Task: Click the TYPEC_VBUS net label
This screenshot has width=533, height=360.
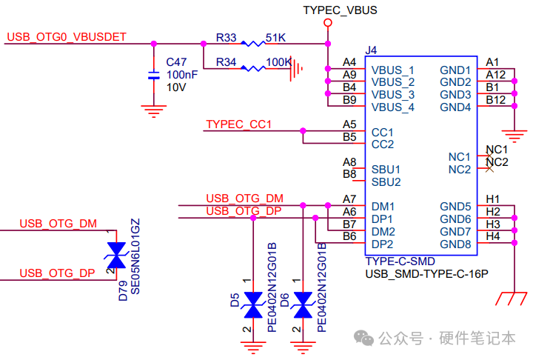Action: (341, 10)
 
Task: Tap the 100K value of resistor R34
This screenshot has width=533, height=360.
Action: (278, 62)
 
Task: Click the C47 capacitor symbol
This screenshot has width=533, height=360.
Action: (153, 75)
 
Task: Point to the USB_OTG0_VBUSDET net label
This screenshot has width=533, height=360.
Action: (67, 36)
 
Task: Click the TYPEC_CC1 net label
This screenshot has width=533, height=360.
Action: (239, 124)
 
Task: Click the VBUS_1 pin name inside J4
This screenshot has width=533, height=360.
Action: (392, 70)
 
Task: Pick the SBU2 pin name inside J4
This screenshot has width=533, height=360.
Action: (386, 181)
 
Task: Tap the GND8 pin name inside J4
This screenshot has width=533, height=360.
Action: (455, 244)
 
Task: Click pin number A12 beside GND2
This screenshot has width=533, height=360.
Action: (496, 74)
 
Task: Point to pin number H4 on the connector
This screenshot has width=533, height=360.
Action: (493, 236)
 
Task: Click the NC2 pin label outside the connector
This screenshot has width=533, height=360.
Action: (497, 162)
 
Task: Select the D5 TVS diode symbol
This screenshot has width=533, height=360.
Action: (254, 304)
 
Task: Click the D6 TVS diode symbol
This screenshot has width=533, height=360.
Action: (302, 304)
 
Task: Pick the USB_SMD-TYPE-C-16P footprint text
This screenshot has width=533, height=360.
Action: (426, 274)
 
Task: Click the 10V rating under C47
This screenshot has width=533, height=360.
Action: (176, 87)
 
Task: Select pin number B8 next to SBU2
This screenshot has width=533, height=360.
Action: (349, 174)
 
